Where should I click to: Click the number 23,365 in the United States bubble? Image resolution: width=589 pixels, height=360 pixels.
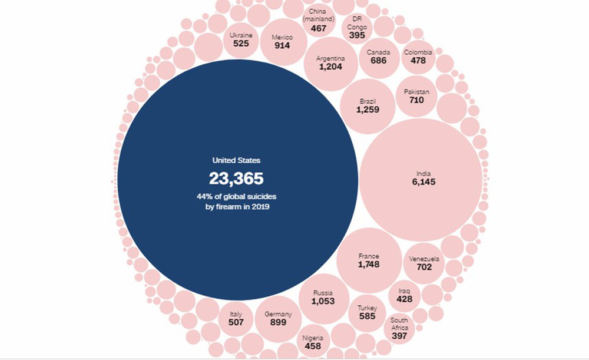pos(236,179)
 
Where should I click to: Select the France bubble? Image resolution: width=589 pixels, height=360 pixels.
pos(369,260)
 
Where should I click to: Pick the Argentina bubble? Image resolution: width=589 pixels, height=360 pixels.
pos(330,64)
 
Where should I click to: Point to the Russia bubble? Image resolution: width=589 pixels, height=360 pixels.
pos(323,298)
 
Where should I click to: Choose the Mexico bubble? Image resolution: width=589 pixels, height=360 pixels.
pos(282,42)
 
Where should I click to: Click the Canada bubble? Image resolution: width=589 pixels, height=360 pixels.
pos(378,57)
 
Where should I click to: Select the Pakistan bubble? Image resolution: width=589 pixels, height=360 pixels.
pos(416,96)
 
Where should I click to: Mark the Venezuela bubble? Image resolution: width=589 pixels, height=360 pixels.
pos(424,263)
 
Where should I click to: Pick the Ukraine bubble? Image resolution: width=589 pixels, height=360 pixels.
pos(241,39)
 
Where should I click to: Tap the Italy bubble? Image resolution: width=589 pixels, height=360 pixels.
pos(236,319)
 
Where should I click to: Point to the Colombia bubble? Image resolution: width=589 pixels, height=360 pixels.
pos(418,57)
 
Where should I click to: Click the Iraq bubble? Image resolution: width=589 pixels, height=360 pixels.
pos(404,295)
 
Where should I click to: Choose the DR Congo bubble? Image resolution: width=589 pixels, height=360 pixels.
pos(357,27)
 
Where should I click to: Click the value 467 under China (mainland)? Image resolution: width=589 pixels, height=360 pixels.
pos(319,28)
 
